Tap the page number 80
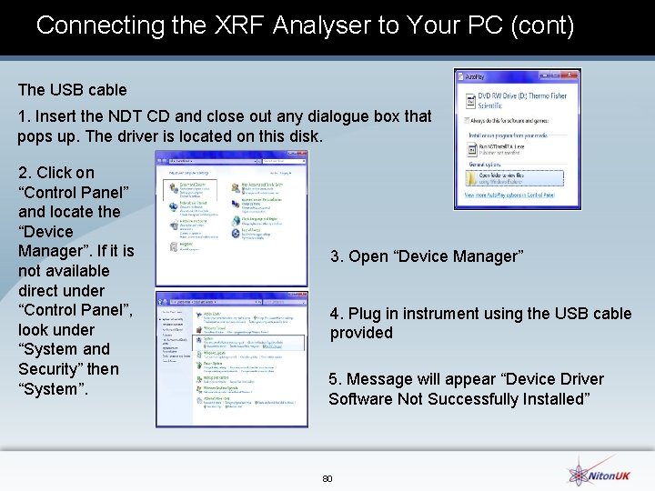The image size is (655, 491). (327, 478)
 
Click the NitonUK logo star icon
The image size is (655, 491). (579, 472)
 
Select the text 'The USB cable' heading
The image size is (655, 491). (73, 90)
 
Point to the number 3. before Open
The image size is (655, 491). (337, 256)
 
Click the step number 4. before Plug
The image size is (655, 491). (337, 314)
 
